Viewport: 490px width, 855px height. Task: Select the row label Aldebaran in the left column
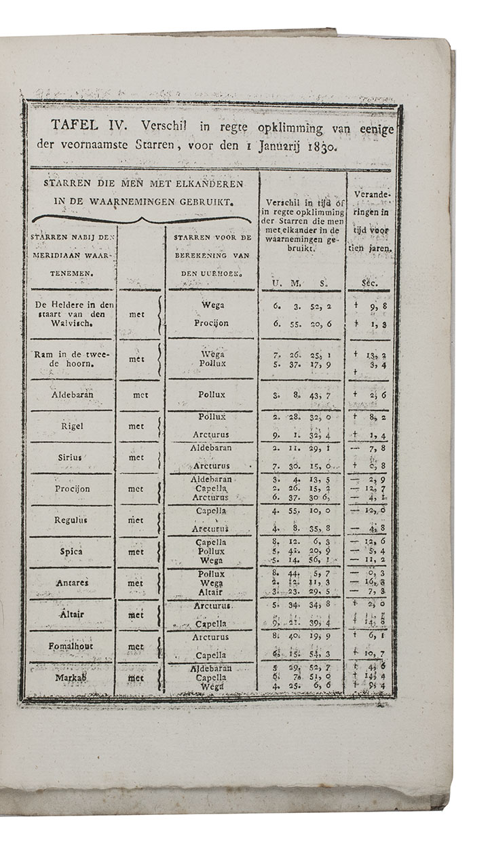[x=72, y=394]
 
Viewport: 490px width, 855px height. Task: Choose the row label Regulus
[x=72, y=520]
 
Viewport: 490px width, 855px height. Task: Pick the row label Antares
[x=72, y=583]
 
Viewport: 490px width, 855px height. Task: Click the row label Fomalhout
[x=71, y=646]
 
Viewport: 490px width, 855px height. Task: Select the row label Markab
[x=72, y=677]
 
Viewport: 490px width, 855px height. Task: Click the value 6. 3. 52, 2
[x=303, y=306]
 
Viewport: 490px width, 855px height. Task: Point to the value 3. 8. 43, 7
[x=303, y=394]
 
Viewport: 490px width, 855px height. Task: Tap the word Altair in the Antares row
[x=213, y=592]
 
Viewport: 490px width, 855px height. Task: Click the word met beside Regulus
[x=136, y=520]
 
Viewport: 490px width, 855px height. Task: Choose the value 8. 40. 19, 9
[x=303, y=637]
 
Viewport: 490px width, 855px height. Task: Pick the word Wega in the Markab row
[x=213, y=686]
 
